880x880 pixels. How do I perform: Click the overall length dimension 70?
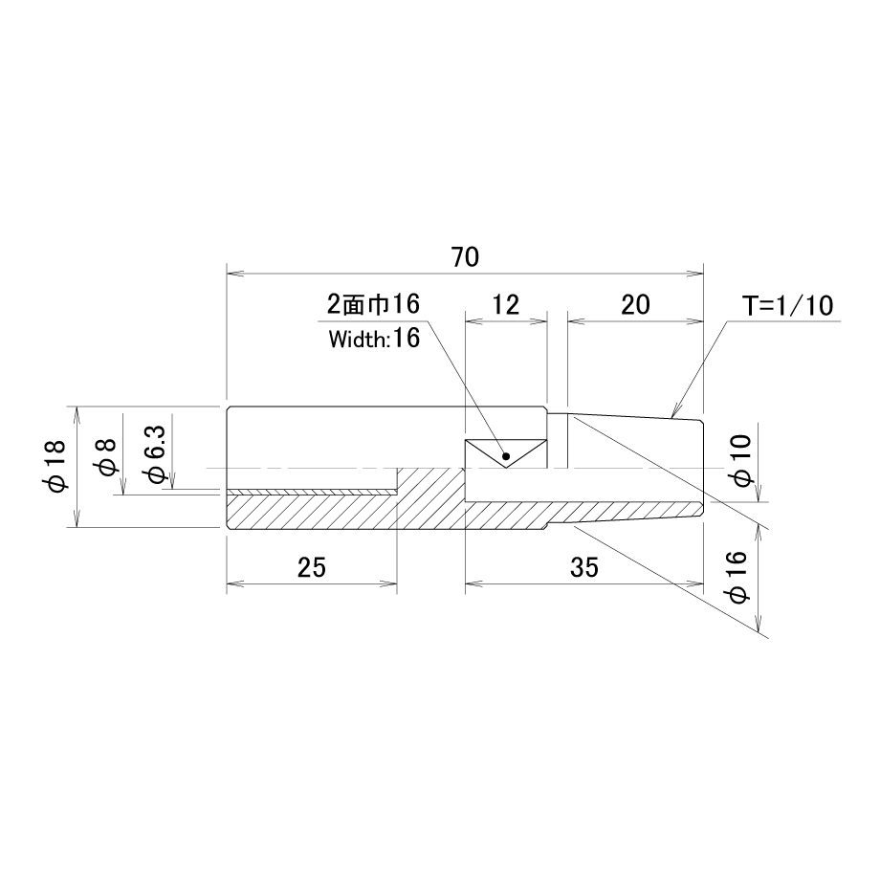point(465,257)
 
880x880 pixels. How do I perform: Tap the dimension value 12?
point(506,305)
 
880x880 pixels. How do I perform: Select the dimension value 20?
point(635,305)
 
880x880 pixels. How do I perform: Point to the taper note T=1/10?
point(788,306)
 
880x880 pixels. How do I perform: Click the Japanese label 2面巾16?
point(374,305)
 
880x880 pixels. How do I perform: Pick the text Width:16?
point(374,339)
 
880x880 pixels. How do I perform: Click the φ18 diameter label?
point(57,467)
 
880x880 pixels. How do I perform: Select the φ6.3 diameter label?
point(156,453)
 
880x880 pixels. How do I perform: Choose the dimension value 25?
point(312,567)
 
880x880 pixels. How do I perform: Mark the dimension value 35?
point(584,567)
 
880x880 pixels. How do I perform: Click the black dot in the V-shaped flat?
point(506,456)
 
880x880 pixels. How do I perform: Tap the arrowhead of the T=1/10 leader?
point(675,412)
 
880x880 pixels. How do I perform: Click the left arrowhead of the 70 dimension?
point(234,274)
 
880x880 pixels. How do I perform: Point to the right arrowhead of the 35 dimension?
point(694,584)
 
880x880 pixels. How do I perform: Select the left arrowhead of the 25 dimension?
point(234,584)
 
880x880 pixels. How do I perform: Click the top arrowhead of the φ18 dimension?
point(77,415)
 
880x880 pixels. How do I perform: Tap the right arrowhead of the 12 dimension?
point(539,321)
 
